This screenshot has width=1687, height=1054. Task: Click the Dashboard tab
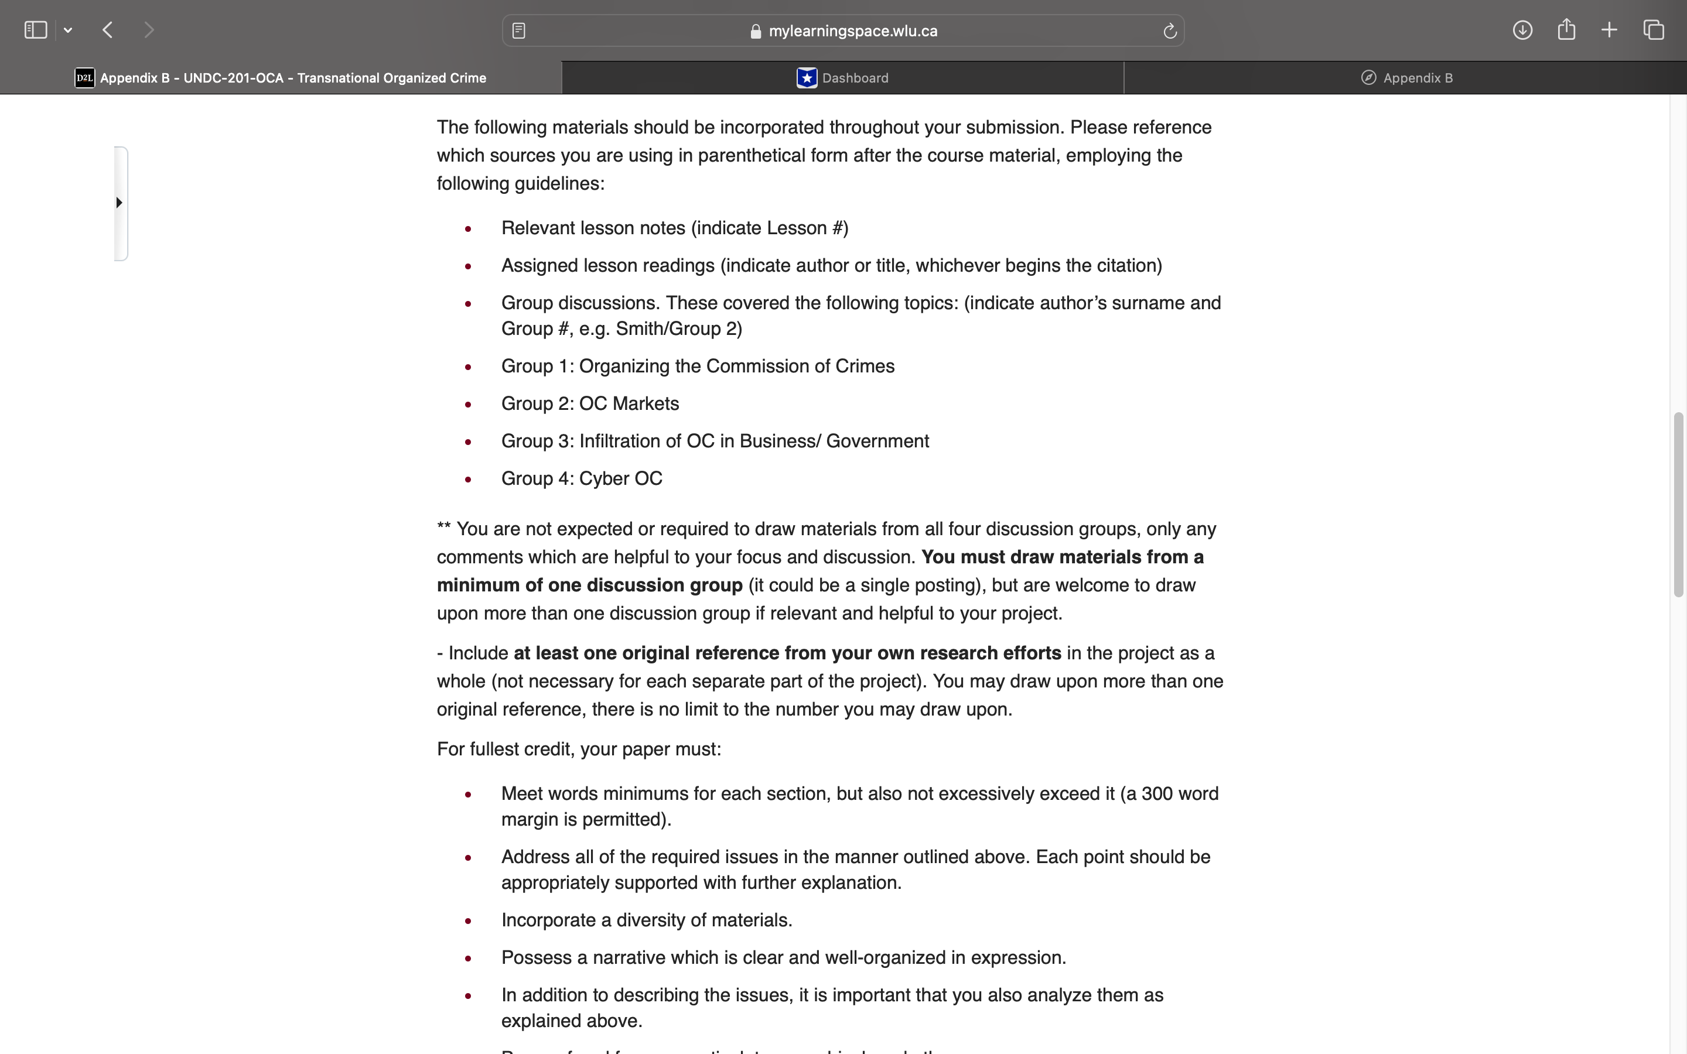[x=843, y=78]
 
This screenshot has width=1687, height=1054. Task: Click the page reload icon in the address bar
[x=1170, y=30]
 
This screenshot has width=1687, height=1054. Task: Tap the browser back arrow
[x=107, y=30]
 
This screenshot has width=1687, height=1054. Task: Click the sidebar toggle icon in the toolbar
[x=36, y=30]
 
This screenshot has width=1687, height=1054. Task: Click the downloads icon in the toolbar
[x=1522, y=30]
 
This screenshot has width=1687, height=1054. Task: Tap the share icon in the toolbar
[x=1566, y=30]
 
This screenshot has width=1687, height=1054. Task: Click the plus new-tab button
[x=1609, y=30]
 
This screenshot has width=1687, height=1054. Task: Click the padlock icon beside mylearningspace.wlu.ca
[x=756, y=32]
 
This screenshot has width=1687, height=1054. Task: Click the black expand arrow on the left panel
[x=119, y=203]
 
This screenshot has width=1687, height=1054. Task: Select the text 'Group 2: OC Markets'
[x=590, y=403]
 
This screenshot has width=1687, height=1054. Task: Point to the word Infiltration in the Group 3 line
[x=630, y=442]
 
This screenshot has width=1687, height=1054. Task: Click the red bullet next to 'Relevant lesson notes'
[x=469, y=228]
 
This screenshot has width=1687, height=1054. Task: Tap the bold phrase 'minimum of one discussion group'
[x=589, y=586]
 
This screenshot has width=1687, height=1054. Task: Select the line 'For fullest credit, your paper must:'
[x=579, y=750]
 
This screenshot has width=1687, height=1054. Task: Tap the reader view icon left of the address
[x=518, y=30]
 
